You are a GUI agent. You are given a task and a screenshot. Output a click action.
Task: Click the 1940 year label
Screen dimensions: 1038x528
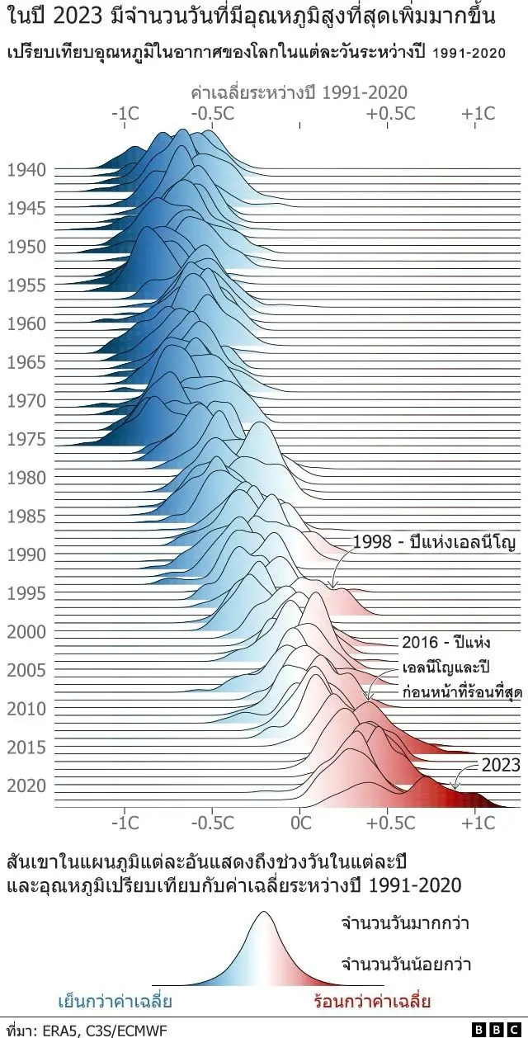26,171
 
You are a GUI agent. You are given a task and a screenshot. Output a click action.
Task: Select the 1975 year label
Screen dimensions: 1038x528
26,439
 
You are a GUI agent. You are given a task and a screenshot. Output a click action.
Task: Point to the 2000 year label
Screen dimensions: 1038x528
26,632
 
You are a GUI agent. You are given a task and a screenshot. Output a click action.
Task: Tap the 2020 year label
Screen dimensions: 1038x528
26,786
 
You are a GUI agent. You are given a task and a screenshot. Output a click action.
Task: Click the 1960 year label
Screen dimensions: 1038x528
26,323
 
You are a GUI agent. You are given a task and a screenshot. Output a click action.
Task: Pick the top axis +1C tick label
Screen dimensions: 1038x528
478,114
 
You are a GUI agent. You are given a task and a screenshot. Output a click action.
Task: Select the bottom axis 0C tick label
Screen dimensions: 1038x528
301,823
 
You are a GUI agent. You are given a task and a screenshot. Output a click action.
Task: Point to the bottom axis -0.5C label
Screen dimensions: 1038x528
212,823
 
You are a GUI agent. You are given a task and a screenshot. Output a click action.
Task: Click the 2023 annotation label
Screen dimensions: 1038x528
501,765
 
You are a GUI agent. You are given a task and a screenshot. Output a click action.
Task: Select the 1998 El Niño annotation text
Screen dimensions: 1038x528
434,542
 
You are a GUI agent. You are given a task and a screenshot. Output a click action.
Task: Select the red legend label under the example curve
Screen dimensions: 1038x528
372,1003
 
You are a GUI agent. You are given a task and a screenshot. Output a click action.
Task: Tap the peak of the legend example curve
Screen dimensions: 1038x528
263,913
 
